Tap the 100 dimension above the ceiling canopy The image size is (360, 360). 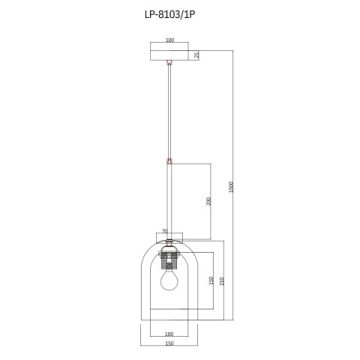coord(169,40)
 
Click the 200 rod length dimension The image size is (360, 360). coord(209,201)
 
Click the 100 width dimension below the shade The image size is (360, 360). coord(169,334)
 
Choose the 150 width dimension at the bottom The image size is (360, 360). coord(169,345)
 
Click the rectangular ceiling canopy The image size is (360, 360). coord(169,54)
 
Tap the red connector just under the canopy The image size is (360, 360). coord(169,64)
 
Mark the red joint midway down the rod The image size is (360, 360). coord(169,160)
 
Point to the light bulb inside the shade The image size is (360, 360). coord(169,280)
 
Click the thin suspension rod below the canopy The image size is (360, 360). coord(169,112)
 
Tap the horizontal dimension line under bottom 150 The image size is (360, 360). coord(169,350)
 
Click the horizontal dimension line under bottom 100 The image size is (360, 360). coord(169,339)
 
